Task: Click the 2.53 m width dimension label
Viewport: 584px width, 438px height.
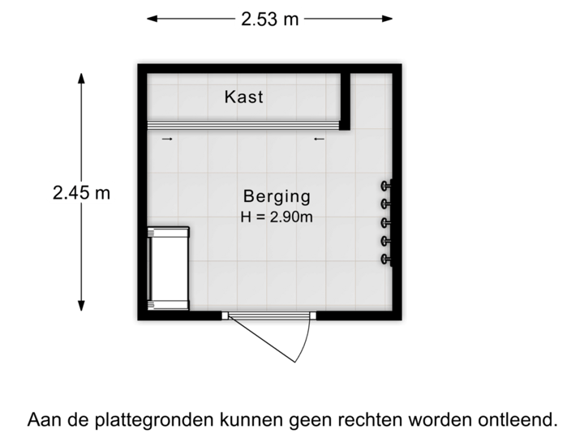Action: [270, 18]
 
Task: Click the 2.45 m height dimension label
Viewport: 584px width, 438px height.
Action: [81, 193]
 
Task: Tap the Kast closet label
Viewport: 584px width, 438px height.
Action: [244, 97]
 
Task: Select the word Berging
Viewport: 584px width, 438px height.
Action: [277, 196]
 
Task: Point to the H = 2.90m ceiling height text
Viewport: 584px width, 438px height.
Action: [277, 217]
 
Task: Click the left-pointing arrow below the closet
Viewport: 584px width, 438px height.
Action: [319, 140]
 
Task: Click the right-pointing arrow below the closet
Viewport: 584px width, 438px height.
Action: [168, 140]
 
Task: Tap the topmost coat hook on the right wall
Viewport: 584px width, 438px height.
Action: [387, 185]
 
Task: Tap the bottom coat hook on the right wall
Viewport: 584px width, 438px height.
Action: [387, 260]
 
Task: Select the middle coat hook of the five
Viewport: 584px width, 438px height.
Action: [387, 222]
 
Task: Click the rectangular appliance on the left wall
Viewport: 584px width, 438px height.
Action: [168, 268]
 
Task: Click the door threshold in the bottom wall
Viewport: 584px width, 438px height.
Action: [268, 316]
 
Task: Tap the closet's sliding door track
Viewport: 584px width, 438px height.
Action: [243, 124]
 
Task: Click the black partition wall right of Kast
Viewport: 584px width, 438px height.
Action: [346, 101]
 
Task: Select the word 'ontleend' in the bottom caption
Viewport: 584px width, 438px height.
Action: [520, 420]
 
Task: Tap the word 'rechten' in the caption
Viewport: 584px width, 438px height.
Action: [380, 420]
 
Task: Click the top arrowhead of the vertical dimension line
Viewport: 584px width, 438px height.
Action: [81, 78]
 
